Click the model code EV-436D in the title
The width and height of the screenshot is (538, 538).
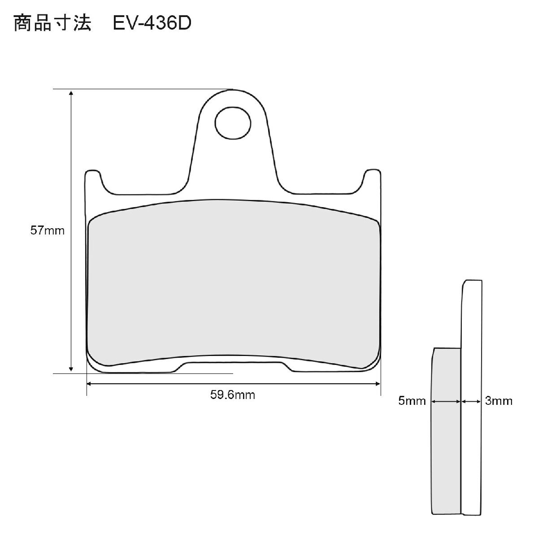point(152,23)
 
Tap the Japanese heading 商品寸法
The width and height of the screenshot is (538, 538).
point(52,23)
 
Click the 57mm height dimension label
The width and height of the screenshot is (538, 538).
point(48,231)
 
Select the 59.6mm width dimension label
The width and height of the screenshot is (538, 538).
point(233,395)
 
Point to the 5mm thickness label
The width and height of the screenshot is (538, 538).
point(412,401)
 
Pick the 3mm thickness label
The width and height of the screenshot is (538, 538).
point(499,401)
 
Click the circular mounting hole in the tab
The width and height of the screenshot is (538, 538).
point(233,123)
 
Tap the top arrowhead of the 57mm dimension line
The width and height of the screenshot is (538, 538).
point(71,93)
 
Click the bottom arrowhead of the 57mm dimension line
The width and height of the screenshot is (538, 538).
point(71,369)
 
